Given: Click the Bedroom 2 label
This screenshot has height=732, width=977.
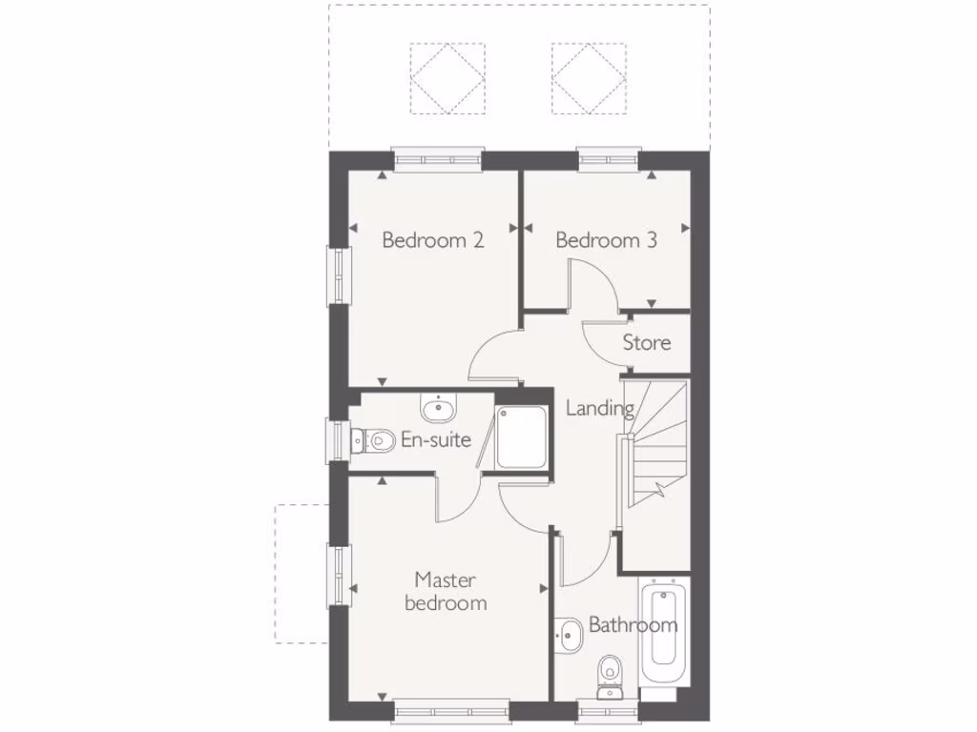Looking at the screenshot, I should (x=432, y=240).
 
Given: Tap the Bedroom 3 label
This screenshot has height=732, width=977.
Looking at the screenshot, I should (x=606, y=240).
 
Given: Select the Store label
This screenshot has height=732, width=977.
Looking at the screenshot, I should (x=646, y=342).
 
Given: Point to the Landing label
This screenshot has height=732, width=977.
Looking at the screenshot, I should (x=600, y=408).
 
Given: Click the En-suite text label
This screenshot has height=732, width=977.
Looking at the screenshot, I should (x=437, y=439).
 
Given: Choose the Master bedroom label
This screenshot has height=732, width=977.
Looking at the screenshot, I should (x=446, y=591).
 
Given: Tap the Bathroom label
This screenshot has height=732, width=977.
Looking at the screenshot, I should (x=633, y=625).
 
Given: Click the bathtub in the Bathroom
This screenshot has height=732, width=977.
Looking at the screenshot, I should (x=663, y=629).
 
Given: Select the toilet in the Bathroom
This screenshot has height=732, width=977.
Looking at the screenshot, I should (x=607, y=674).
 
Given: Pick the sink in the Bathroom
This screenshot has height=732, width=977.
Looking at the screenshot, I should (x=570, y=633).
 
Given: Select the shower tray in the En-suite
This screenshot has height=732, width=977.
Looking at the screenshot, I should (x=521, y=438).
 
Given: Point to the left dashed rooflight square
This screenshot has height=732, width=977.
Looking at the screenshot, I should (x=447, y=79).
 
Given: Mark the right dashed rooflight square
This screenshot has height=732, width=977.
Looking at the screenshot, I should (x=588, y=79).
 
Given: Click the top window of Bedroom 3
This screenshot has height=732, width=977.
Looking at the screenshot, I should (x=609, y=159).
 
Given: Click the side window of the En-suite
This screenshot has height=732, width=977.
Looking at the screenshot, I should (x=338, y=440).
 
